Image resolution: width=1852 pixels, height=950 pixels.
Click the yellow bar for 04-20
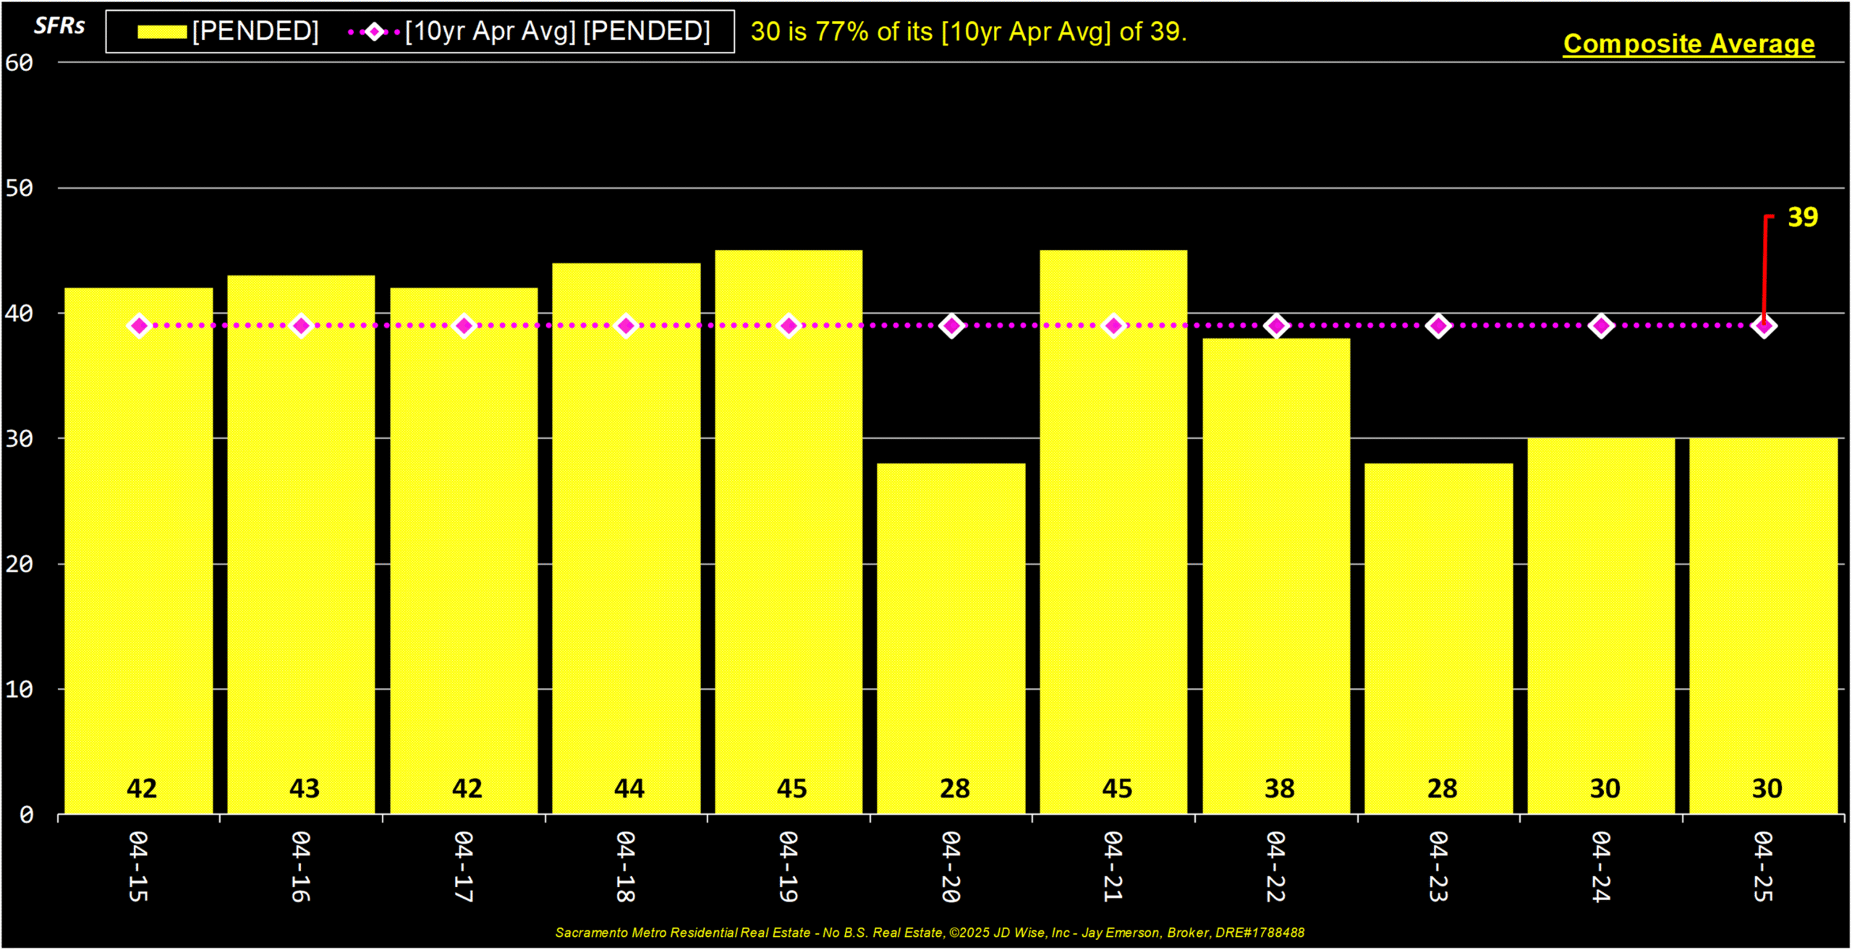tap(951, 638)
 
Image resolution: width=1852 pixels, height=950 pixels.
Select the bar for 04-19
tap(789, 532)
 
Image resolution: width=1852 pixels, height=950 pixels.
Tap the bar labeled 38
tap(1276, 576)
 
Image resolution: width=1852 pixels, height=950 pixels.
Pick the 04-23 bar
tap(1439, 638)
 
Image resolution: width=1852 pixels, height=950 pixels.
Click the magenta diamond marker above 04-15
tap(139, 326)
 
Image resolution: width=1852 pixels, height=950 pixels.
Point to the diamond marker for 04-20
tap(951, 326)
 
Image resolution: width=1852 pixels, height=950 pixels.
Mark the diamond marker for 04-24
tap(1602, 326)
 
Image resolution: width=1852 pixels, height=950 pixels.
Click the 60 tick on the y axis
tap(20, 63)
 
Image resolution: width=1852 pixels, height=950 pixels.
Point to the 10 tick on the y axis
tap(20, 689)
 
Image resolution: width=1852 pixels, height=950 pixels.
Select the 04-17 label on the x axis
tap(464, 866)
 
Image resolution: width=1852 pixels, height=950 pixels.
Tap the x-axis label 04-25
tap(1764, 866)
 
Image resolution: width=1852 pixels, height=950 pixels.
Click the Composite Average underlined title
tap(1689, 44)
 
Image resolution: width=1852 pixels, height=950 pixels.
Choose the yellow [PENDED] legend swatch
tap(162, 32)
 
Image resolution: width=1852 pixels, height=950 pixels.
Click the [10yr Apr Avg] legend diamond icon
tap(374, 32)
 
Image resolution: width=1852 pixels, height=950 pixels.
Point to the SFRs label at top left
tap(59, 26)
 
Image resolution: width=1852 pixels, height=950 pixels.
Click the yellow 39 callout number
tap(1803, 217)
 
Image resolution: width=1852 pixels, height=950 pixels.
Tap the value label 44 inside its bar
tap(629, 788)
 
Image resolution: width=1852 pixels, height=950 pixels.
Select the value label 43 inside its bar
tap(304, 788)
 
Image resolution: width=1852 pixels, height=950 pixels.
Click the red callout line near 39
tap(1764, 270)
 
